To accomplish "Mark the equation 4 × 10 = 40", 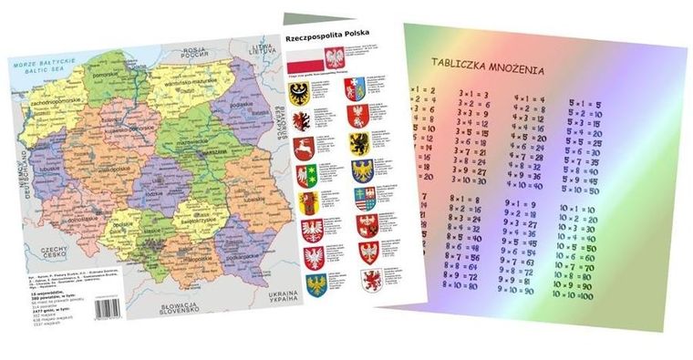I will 528,185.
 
